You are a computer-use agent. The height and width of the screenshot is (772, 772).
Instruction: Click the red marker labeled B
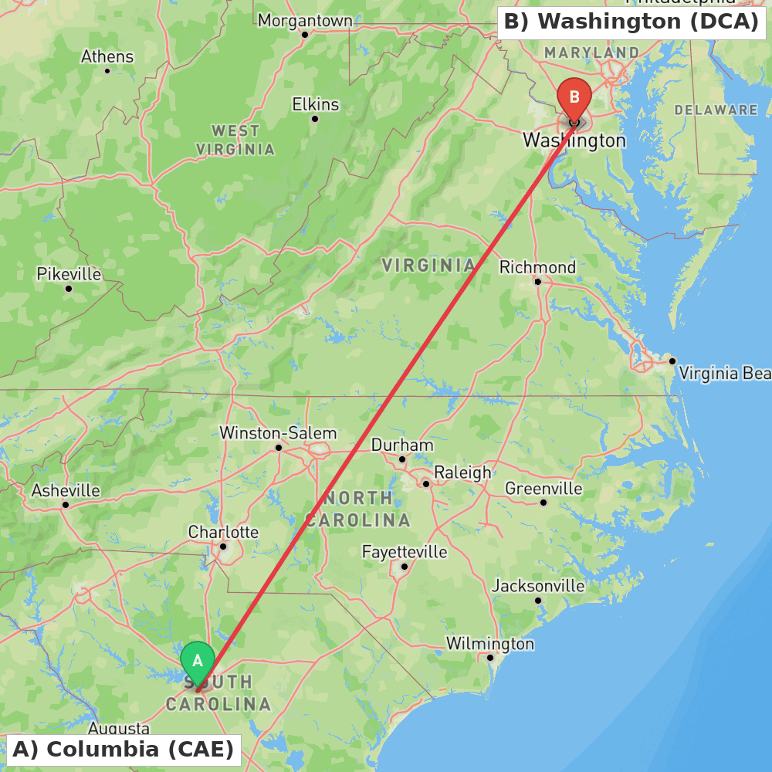click(574, 97)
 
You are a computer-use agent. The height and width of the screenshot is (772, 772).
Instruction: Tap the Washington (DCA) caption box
click(632, 22)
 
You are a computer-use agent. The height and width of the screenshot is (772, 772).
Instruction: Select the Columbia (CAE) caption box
click(124, 749)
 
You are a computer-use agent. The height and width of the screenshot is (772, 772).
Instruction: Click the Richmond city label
click(537, 267)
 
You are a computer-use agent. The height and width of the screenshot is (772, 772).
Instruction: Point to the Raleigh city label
click(462, 472)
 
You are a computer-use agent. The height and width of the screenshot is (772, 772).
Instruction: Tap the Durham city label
click(402, 445)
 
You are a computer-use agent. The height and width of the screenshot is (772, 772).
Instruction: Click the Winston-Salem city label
click(278, 433)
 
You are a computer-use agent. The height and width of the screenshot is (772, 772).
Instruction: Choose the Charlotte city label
click(223, 533)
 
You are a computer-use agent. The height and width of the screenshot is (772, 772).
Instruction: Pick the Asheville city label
click(66, 491)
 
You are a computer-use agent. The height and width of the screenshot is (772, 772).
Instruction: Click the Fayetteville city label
click(405, 552)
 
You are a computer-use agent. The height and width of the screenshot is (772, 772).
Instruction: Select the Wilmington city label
click(489, 644)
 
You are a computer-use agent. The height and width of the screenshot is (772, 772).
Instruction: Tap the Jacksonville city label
click(538, 586)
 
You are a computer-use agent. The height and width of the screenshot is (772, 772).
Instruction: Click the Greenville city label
click(543, 489)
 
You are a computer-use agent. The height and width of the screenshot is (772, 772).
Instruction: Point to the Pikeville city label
click(69, 274)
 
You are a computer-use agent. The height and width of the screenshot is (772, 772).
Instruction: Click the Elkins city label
click(315, 104)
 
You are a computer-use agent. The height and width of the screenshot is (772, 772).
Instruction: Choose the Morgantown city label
click(305, 21)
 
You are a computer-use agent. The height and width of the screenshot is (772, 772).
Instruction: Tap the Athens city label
click(107, 57)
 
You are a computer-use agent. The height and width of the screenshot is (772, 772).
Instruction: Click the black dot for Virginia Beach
click(672, 361)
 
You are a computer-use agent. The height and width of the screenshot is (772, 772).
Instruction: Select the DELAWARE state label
click(716, 110)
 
